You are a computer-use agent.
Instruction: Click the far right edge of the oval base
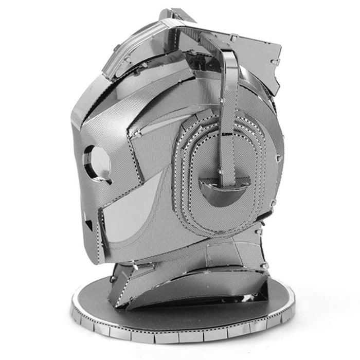(x=294, y=303)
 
